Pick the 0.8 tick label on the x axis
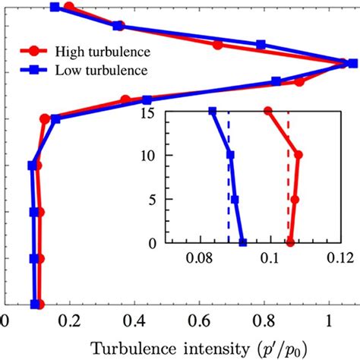click(264, 321)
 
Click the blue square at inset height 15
click(212, 111)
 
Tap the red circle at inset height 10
click(298, 155)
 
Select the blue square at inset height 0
click(242, 242)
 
